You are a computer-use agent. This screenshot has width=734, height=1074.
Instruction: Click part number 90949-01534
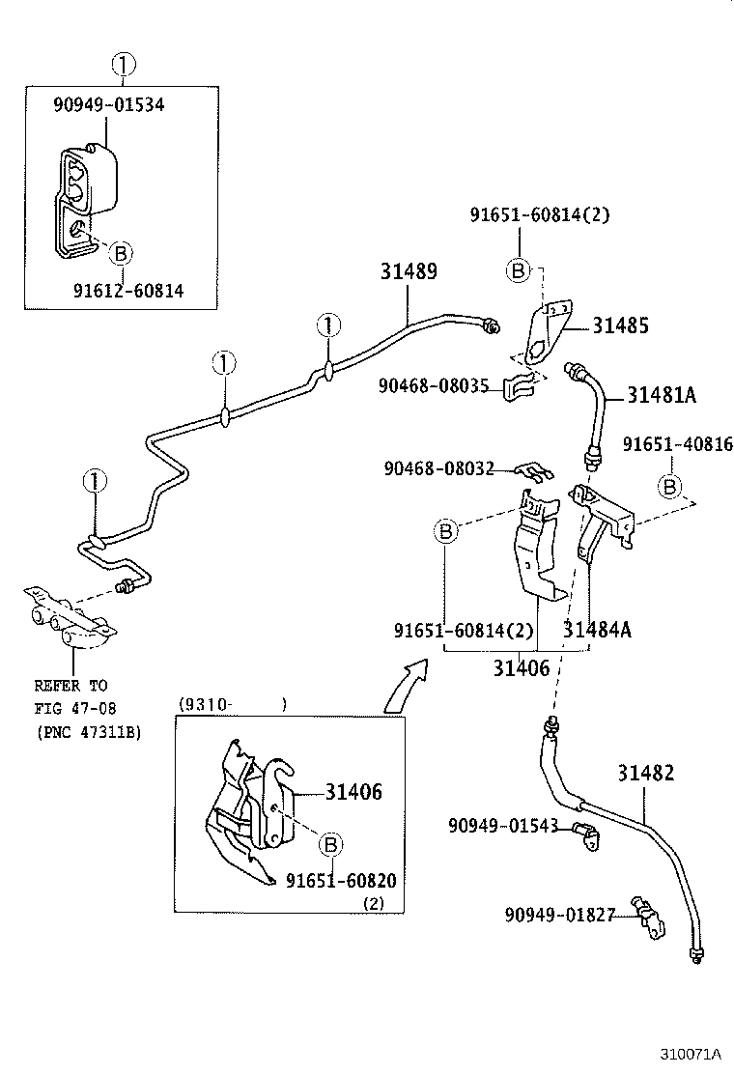click(x=108, y=104)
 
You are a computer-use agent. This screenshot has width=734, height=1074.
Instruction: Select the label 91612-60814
click(x=128, y=290)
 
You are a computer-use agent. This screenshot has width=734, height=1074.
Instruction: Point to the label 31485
click(x=620, y=326)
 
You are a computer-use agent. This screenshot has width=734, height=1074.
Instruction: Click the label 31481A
click(x=662, y=394)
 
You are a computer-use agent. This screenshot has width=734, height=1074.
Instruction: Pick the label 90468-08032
click(x=438, y=468)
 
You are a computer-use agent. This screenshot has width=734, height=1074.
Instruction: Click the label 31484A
click(x=597, y=630)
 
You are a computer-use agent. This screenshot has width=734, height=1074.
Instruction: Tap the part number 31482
click(x=646, y=773)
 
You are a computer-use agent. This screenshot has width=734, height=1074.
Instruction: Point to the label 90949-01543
click(x=503, y=825)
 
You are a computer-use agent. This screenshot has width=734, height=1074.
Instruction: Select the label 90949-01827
click(x=559, y=914)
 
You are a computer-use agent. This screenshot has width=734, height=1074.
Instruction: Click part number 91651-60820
click(x=341, y=881)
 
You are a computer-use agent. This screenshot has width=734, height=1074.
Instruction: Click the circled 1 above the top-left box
click(x=123, y=66)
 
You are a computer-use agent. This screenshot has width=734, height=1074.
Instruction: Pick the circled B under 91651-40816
click(x=670, y=484)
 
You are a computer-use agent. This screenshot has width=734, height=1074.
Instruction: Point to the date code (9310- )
click(x=232, y=705)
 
